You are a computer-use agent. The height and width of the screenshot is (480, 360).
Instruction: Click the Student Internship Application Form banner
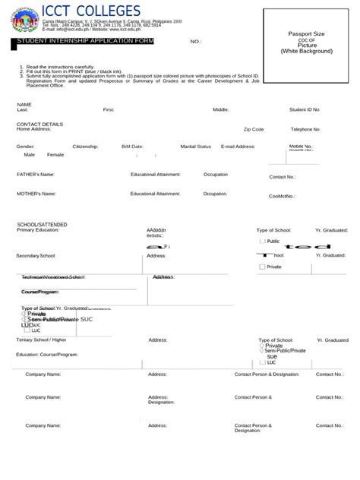85,41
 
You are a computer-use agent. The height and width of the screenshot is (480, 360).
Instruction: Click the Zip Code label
254,130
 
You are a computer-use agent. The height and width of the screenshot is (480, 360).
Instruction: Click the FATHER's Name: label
36,174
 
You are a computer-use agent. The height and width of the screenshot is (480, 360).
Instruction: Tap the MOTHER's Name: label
36,194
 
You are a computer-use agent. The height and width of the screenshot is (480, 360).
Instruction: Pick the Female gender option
55,154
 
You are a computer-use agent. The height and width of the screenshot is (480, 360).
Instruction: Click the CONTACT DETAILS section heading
39,123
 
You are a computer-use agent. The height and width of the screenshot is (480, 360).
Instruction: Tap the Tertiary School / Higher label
41,340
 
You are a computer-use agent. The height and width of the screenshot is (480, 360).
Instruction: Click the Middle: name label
221,109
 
